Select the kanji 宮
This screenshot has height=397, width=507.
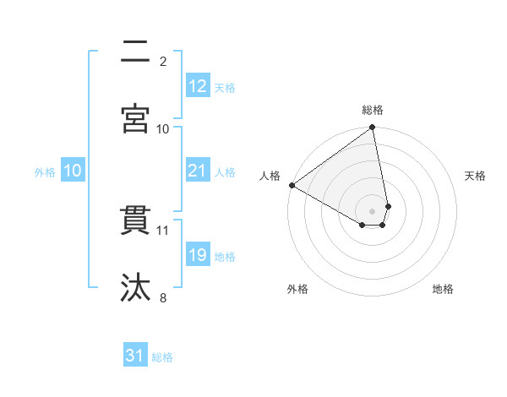[135, 118]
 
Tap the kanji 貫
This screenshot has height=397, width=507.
[135, 220]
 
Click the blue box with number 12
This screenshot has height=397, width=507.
[198, 86]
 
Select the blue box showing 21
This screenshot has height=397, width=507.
[198, 171]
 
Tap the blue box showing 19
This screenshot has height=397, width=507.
[198, 255]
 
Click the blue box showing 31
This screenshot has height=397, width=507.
[135, 356]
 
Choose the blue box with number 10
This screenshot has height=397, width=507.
[72, 171]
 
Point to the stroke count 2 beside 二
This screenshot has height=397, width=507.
[163, 61]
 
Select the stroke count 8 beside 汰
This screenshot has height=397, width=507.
[163, 297]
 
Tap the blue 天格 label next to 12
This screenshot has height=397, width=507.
[225, 87]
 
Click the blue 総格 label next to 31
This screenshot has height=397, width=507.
[162, 357]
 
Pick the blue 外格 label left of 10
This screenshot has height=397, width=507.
[45, 171]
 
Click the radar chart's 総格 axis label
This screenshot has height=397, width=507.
[373, 110]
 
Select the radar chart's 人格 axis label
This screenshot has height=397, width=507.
[270, 176]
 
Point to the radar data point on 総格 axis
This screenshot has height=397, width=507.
[373, 128]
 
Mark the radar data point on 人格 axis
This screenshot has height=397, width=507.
[292, 185]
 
